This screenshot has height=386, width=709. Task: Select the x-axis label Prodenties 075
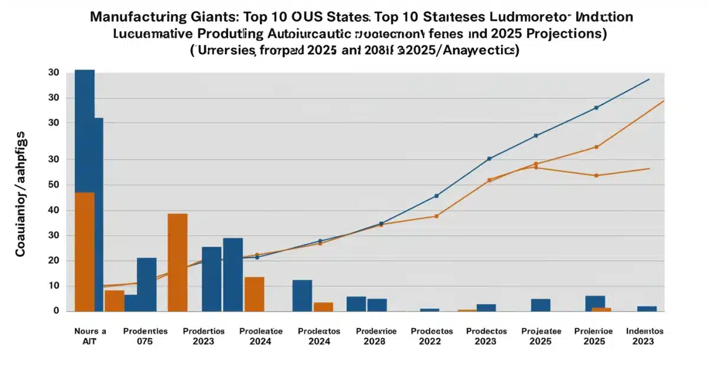point(145,336)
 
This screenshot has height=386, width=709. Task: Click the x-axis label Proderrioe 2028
point(376,336)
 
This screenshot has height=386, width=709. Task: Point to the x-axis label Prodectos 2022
point(431,336)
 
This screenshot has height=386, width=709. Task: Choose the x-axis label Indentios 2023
point(645,336)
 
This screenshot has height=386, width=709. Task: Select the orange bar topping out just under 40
point(177,262)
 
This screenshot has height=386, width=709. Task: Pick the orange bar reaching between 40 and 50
point(84,251)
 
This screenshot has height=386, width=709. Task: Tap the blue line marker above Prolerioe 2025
point(596,107)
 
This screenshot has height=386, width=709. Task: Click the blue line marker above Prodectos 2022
point(437,196)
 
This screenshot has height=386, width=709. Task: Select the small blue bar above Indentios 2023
point(647,309)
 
